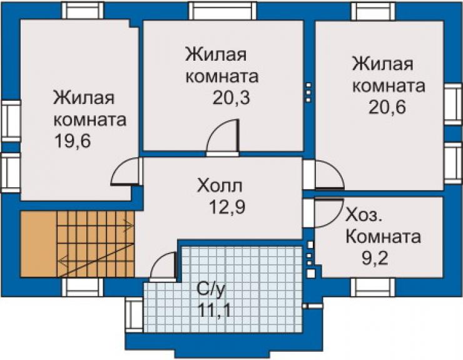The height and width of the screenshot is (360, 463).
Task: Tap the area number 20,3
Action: coord(232,98)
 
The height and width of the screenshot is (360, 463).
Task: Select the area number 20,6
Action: coord(387,107)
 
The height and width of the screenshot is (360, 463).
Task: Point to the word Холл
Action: coord(220,186)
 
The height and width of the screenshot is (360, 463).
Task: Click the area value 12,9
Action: coord(227,207)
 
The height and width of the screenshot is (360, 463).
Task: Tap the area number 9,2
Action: coord(375,259)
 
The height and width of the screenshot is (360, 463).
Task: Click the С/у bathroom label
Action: coord(211,291)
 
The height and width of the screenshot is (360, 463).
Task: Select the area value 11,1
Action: coord(214,311)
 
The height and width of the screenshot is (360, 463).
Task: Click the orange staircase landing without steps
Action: coord(38,244)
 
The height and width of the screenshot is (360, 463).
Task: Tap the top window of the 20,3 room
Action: coord(223,11)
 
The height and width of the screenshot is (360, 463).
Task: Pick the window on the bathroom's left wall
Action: coord(134,315)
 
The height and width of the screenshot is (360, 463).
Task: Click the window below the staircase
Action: coord(83,287)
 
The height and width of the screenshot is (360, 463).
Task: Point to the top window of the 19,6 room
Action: coord(83,11)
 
